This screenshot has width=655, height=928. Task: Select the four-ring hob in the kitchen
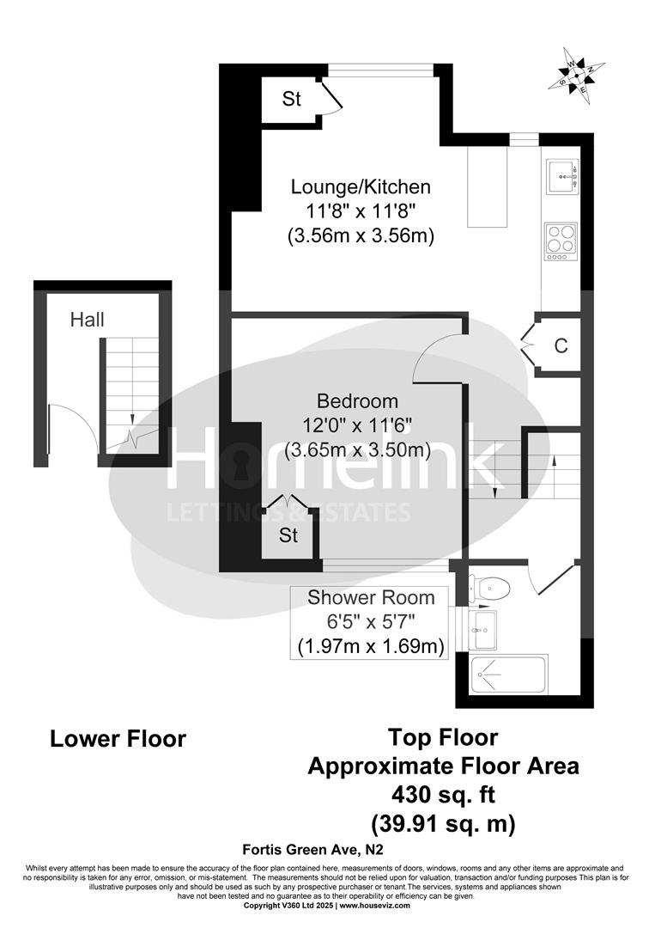562,239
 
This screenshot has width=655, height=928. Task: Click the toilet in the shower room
491,589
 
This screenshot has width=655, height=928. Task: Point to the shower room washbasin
483,630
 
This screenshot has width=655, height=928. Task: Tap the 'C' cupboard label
561,346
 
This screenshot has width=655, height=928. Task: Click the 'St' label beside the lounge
292,100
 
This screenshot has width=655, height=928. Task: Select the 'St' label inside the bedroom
288,536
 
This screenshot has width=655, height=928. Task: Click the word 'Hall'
88,321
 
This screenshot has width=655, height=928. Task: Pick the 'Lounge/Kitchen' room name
360,187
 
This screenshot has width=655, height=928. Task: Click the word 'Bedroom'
357,401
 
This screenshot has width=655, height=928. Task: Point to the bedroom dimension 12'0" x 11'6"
357,425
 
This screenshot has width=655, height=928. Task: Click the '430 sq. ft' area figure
443,793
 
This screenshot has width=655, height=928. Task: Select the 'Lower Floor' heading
118,739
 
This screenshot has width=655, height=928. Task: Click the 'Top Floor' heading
443,736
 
